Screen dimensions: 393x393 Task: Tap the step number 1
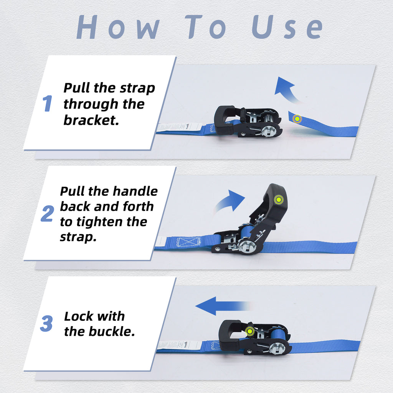point(47,104)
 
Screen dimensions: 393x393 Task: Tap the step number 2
point(47,214)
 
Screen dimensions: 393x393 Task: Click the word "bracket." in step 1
point(91,120)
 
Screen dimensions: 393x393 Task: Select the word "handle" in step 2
point(134,191)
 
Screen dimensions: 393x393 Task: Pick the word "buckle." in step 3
point(112,331)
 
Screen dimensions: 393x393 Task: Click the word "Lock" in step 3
point(79,316)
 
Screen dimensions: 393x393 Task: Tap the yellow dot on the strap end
point(297,119)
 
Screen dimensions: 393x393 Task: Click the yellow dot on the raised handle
point(278,200)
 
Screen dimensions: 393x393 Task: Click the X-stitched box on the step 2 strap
point(188,242)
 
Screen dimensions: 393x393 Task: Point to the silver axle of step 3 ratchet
point(277,348)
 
